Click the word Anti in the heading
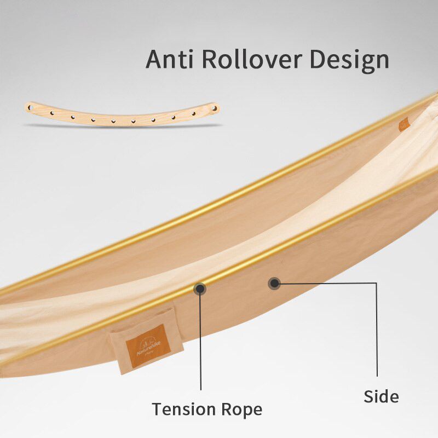(169, 59)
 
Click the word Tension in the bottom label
(183, 409)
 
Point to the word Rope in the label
(241, 410)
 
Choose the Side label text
(381, 396)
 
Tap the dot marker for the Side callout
(274, 283)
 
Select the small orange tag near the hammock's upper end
(405, 124)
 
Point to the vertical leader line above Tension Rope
(201, 339)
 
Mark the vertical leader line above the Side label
(377, 328)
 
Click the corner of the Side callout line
(377, 283)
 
